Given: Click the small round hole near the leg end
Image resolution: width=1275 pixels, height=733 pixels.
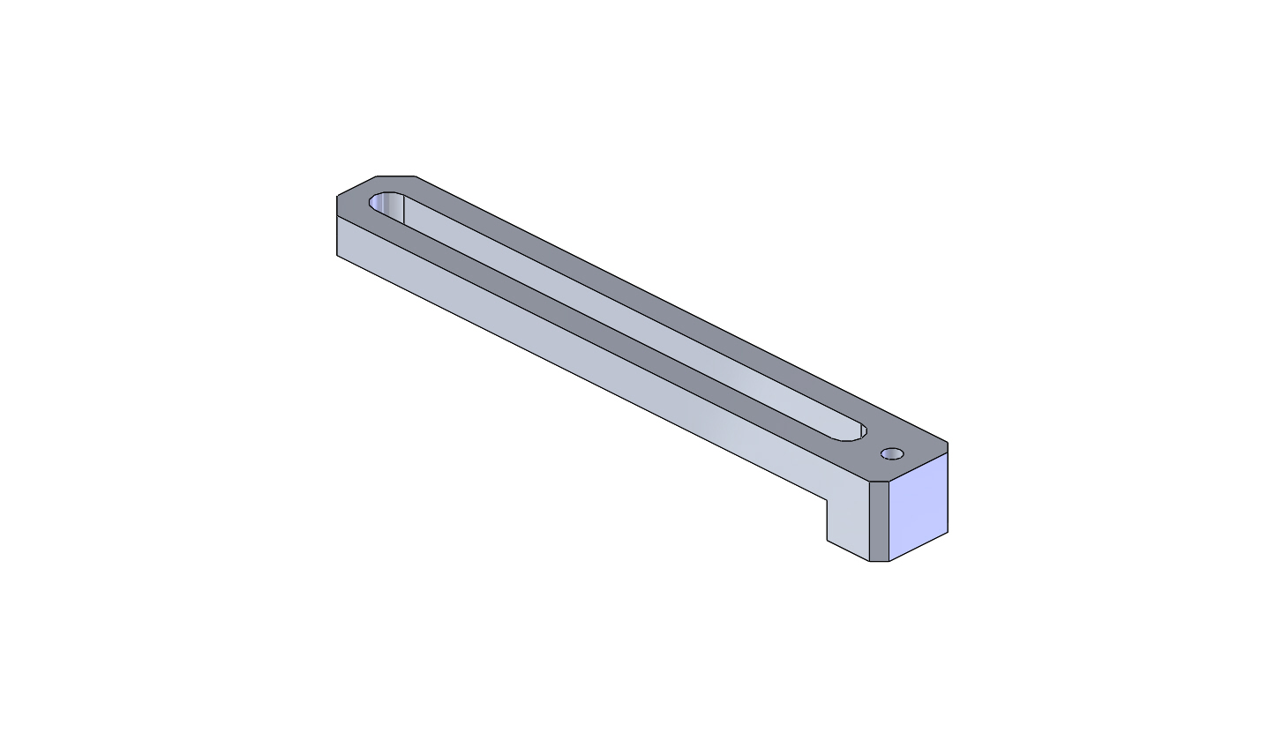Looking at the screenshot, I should (x=892, y=454).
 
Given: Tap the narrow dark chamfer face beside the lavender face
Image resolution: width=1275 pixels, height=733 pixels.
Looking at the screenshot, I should (x=879, y=520).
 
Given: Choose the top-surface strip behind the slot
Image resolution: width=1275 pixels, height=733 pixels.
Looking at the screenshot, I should (x=653, y=300).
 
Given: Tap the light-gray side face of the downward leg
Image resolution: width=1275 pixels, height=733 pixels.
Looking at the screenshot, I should (x=848, y=520).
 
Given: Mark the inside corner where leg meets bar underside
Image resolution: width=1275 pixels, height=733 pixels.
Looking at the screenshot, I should (x=827, y=500).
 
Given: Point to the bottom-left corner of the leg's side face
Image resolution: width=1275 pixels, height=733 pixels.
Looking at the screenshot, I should (x=827, y=540).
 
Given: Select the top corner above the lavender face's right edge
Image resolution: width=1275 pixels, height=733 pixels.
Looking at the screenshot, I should (x=948, y=443).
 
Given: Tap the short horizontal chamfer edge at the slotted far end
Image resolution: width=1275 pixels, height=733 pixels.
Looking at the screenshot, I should (x=396, y=176).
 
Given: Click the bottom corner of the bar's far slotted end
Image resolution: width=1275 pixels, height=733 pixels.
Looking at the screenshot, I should (x=337, y=256).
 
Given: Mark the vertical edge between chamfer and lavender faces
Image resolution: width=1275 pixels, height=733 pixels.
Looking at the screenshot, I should (x=889, y=520).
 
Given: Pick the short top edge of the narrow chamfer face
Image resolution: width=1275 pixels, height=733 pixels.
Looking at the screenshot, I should (x=879, y=482).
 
